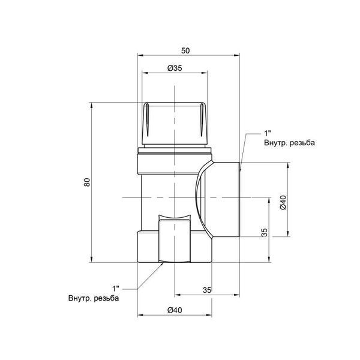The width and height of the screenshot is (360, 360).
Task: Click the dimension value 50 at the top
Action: (185, 50)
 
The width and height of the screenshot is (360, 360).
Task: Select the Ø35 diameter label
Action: (175, 68)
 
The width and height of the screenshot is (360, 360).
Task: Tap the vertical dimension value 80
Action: (87, 182)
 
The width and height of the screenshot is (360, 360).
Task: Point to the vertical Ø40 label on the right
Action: (283, 202)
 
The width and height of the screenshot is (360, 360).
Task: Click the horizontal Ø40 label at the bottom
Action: (175, 310)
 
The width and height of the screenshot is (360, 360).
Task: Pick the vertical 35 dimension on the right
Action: (265, 233)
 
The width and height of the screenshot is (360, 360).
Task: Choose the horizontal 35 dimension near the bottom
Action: (207, 290)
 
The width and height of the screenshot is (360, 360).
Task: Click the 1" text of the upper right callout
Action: (268, 133)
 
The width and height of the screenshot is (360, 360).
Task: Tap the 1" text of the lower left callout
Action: (116, 289)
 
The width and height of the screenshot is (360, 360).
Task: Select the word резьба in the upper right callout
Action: (302, 143)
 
